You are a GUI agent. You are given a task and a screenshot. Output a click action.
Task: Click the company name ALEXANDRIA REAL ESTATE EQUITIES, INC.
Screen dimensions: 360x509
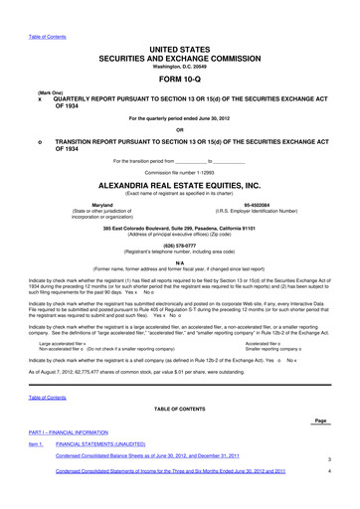[180, 185]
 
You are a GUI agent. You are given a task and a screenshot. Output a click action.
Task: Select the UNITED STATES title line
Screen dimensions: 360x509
[180, 48]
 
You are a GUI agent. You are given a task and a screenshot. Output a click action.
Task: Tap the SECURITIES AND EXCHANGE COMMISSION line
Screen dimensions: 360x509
[180, 58]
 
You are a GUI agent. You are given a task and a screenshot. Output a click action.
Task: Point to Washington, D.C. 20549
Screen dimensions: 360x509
[180, 67]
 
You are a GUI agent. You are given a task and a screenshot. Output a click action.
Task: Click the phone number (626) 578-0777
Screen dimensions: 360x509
[180, 245]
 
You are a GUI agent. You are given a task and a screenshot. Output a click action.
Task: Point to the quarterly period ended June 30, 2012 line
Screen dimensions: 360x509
[180, 117]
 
